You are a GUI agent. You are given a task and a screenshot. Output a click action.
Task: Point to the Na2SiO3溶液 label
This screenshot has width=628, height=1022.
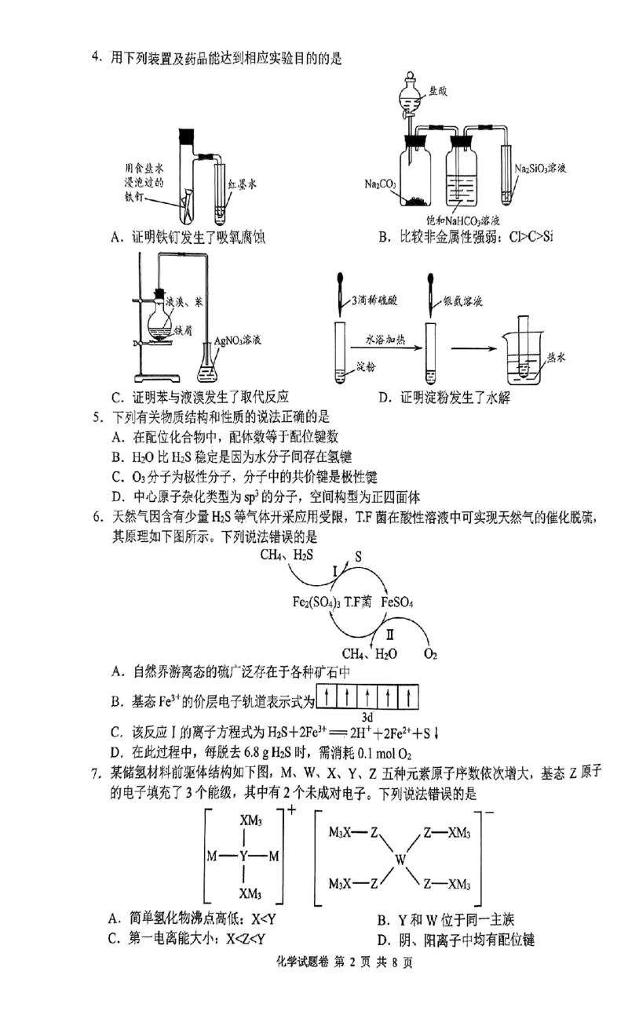click(x=546, y=168)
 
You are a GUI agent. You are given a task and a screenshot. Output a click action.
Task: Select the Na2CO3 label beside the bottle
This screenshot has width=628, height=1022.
click(x=380, y=184)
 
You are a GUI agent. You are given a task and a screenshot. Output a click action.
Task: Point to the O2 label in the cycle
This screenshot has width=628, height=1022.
click(x=431, y=653)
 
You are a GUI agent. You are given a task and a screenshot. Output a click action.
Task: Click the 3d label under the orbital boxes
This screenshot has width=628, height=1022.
click(x=366, y=717)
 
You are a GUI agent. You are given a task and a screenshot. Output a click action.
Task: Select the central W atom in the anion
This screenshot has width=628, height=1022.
click(x=400, y=860)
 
